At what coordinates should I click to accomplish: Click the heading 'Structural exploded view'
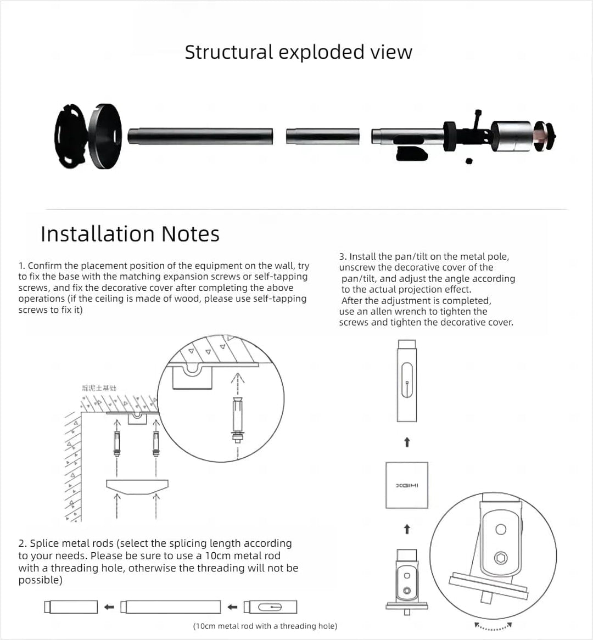298,52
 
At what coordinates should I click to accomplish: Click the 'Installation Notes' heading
130,234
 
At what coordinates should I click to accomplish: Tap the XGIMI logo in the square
407,486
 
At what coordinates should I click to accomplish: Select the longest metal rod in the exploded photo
200,136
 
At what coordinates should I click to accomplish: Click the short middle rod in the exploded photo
323,136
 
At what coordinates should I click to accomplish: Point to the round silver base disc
104,136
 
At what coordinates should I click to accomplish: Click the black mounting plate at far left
70,136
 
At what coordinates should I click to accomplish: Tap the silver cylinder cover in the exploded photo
512,137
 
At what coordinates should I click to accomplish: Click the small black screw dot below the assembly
468,161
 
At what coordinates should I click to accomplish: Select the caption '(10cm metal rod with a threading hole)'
265,626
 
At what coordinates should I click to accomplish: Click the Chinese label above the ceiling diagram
99,388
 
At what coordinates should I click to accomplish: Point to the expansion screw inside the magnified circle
237,420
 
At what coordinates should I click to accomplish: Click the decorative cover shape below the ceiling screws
137,486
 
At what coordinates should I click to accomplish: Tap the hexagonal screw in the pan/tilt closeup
501,558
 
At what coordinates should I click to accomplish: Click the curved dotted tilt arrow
493,627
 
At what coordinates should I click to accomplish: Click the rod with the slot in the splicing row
271,607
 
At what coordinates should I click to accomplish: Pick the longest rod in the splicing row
171,607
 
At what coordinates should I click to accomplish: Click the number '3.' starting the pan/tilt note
343,256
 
